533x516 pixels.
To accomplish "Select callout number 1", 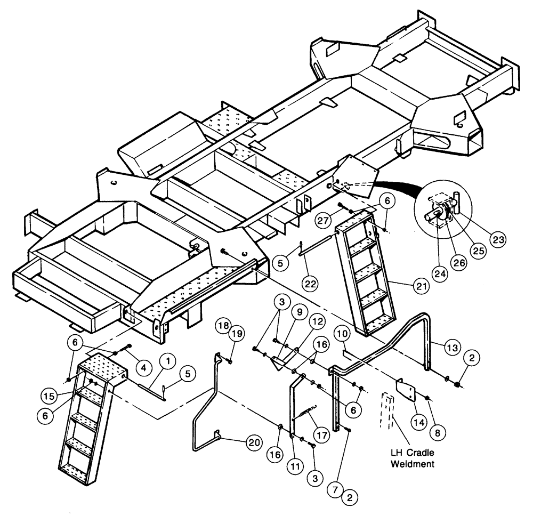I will coord(168,362).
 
